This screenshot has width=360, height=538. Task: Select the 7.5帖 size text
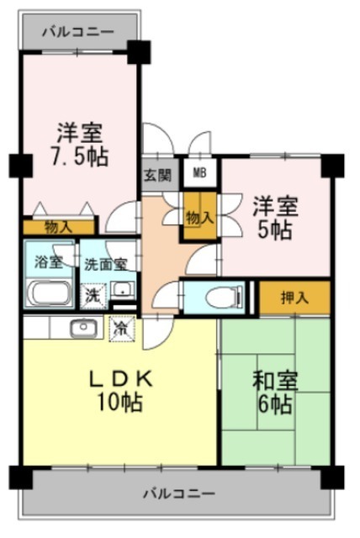(79, 156)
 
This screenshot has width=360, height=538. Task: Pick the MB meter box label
(199, 174)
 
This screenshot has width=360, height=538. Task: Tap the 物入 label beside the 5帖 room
(199, 217)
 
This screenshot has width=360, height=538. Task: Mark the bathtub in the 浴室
(50, 294)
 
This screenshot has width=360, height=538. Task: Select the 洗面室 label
(106, 263)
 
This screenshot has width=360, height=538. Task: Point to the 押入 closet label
(293, 296)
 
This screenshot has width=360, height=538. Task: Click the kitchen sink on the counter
(82, 327)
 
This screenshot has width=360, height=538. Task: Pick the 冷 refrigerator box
(120, 327)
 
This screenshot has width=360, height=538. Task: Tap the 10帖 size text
(121, 402)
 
